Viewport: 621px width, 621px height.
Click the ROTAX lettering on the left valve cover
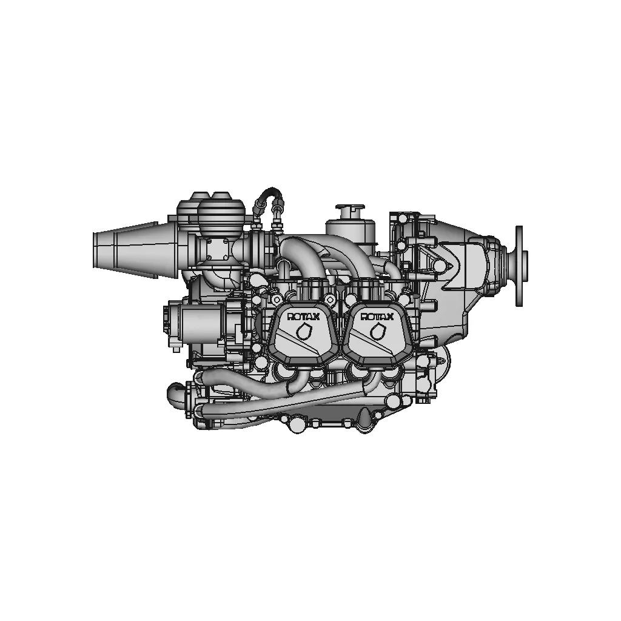(303, 317)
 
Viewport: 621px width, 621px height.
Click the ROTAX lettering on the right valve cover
(377, 317)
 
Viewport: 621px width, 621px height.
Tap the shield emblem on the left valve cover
(304, 331)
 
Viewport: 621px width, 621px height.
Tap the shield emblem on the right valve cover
(377, 331)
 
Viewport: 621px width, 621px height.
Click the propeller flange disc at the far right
(519, 266)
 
